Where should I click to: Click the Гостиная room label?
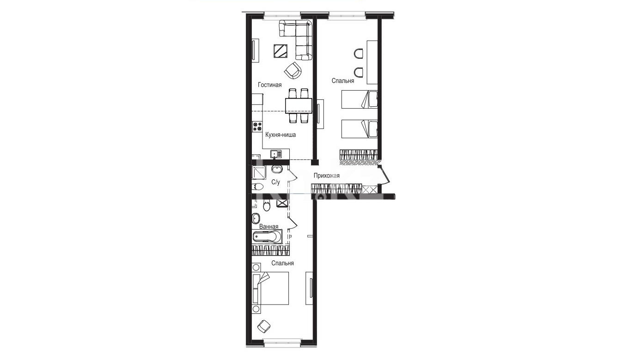click(x=270, y=85)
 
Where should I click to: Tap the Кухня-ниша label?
click(x=280, y=134)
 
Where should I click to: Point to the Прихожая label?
click(x=327, y=176)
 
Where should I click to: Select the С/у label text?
click(x=275, y=182)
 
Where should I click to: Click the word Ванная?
click(x=268, y=226)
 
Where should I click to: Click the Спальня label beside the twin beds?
click(x=343, y=81)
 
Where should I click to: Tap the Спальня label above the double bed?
click(x=283, y=263)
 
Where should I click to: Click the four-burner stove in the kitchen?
click(x=57, y=127)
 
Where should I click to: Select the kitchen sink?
click(x=76, y=154)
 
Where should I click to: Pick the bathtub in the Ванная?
click(x=267, y=237)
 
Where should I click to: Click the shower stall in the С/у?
click(x=259, y=172)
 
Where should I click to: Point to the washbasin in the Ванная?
click(x=256, y=219)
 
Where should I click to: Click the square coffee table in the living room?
click(x=280, y=51)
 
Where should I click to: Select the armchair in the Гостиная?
click(x=293, y=70)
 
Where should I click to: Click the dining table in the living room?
click(x=299, y=106)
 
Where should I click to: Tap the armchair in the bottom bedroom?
click(x=264, y=326)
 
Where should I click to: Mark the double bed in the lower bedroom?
click(x=271, y=288)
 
